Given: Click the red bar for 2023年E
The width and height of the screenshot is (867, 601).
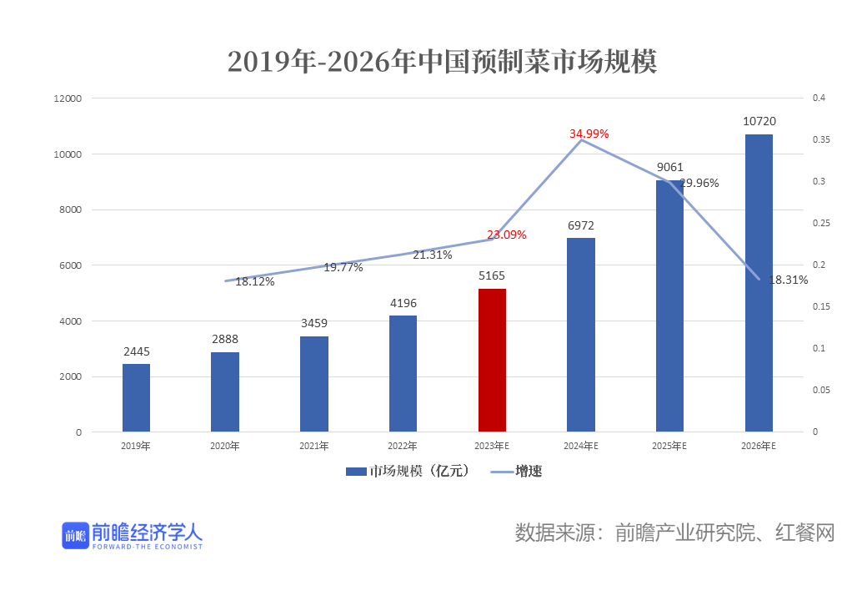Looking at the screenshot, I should click(x=492, y=361).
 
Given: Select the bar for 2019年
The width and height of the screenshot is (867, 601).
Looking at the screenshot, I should click(x=136, y=398).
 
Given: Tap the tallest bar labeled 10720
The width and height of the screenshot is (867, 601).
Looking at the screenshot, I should click(x=759, y=283).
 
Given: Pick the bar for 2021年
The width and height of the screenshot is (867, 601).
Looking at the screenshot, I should click(x=314, y=384).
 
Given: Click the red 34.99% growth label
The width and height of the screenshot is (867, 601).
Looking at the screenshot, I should click(x=589, y=134).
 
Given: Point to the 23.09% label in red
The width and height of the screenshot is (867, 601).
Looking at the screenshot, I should click(x=506, y=235).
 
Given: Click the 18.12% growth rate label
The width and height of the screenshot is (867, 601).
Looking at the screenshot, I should click(x=254, y=281).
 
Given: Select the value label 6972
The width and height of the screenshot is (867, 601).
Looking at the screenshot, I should click(x=581, y=225).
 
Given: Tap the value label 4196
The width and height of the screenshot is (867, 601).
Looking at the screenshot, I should click(x=403, y=303).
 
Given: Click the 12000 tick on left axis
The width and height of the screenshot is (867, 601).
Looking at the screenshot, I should click(x=68, y=98).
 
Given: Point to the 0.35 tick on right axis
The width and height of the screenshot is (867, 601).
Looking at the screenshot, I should click(x=822, y=140).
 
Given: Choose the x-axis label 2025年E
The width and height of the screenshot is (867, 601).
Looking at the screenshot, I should click(x=669, y=447).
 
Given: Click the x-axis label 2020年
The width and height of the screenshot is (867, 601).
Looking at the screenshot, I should click(x=225, y=447).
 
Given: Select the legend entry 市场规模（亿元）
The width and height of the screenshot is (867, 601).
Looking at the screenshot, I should click(x=408, y=472).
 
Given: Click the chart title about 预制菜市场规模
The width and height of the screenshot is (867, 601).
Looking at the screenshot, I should click(x=442, y=61).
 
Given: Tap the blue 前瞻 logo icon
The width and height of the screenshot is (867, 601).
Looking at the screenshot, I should click(x=75, y=535).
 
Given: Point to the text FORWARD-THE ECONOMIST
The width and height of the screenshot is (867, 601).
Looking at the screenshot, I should click(x=148, y=548).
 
